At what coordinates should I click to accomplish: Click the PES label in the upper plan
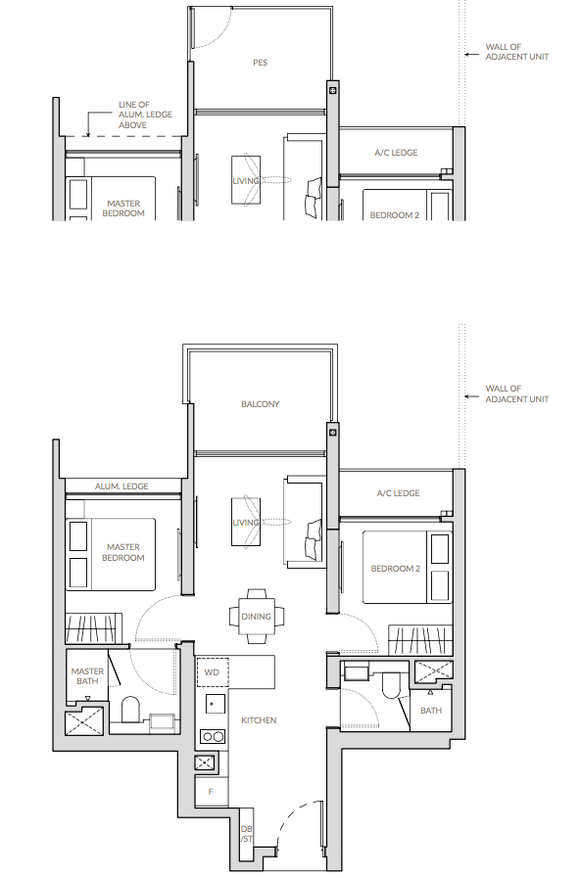click(260, 63)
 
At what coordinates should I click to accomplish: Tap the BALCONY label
click(260, 403)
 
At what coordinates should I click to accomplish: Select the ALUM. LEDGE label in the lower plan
click(121, 486)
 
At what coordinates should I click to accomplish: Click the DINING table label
click(256, 616)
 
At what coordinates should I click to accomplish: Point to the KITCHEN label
click(259, 720)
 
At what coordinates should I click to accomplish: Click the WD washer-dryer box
click(212, 671)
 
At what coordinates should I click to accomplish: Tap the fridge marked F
click(212, 792)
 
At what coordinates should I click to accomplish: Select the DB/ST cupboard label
click(247, 834)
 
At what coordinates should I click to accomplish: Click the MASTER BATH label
click(87, 675)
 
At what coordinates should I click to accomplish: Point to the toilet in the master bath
click(130, 710)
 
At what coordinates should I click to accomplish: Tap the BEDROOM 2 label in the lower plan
click(396, 569)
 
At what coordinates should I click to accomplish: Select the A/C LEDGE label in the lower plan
click(399, 493)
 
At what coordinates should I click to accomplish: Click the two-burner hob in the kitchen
click(213, 737)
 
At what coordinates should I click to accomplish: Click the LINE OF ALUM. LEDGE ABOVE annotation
click(145, 115)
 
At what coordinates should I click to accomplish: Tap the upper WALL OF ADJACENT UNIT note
click(516, 52)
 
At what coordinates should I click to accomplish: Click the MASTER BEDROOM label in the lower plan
click(123, 552)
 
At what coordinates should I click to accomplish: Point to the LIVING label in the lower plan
click(246, 523)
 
